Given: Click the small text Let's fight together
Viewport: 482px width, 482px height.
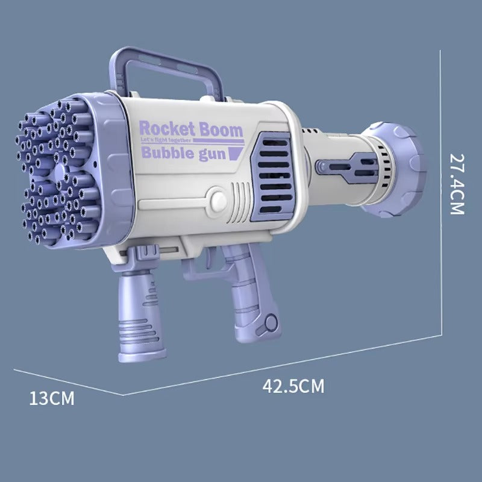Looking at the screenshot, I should point(165,141).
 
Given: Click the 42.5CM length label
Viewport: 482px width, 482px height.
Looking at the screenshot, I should point(293,386).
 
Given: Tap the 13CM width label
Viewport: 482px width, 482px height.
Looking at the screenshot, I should point(52,398).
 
